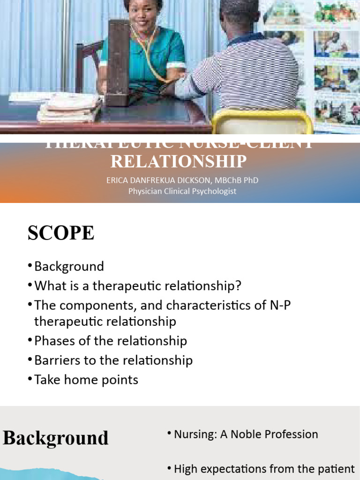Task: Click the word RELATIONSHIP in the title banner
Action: pyautogui.click(x=179, y=161)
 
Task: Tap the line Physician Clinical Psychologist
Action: pyautogui.click(x=182, y=191)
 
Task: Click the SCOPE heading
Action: pyautogui.click(x=61, y=233)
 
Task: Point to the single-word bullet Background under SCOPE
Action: pyautogui.click(x=69, y=266)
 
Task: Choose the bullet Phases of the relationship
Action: pyautogui.click(x=111, y=341)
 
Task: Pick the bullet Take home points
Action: pyautogui.click(x=86, y=379)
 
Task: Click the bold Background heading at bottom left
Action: pyautogui.click(x=56, y=438)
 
